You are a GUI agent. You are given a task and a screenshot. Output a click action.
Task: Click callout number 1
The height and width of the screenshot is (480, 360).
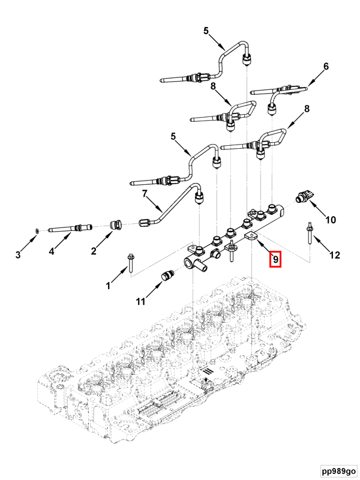pos(109,286)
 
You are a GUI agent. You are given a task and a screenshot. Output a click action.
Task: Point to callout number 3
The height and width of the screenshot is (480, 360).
pos(18,256)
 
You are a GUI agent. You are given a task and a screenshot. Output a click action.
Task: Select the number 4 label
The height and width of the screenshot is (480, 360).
pos(52,252)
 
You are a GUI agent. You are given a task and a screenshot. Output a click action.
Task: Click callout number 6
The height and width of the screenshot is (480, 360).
pos(326,67)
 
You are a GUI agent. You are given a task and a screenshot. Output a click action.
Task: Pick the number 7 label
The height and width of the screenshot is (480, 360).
pos(144,194)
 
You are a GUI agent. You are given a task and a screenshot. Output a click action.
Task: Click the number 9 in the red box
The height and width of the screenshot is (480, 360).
pos(275,260)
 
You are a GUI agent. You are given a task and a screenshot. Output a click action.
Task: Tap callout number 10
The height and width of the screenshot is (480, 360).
pos(331,220)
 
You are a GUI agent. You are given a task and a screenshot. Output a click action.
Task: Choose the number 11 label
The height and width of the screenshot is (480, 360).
pos(140,302)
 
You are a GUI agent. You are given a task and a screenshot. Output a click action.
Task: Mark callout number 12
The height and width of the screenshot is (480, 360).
pos(335,255)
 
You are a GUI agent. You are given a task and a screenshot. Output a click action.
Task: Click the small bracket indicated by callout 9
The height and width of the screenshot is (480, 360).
pos(251,237)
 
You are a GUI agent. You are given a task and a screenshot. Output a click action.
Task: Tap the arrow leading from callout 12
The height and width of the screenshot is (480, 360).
pos(319,244)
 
